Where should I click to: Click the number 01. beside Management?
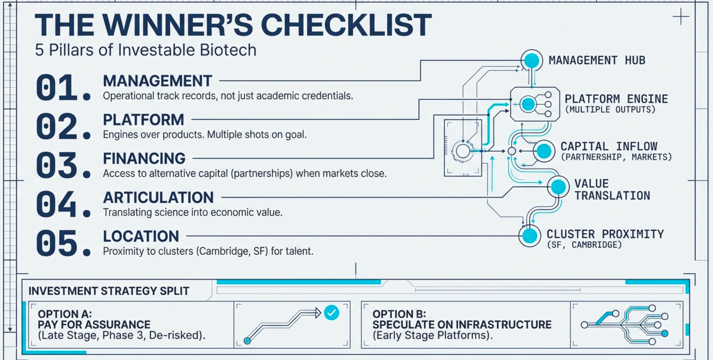(x=62, y=88)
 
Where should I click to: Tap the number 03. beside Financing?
(x=62, y=165)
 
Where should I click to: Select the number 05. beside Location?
(x=62, y=243)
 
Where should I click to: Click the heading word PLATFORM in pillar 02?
(x=143, y=120)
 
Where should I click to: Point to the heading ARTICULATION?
(x=158, y=198)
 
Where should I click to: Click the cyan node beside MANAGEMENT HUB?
(x=532, y=60)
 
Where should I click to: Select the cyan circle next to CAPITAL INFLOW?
(x=544, y=151)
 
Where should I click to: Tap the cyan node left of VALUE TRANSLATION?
(x=558, y=187)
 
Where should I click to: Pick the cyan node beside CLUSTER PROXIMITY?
(x=529, y=236)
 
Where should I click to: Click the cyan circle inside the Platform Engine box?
(x=528, y=104)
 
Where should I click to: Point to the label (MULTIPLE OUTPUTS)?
(x=610, y=109)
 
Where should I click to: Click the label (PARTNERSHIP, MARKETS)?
(x=616, y=157)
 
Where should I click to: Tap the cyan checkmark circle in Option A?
(x=332, y=313)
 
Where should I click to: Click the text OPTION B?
(x=399, y=314)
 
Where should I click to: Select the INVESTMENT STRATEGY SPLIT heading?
(x=109, y=291)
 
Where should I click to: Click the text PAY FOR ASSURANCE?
(x=94, y=325)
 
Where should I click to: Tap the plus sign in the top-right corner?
(x=681, y=17)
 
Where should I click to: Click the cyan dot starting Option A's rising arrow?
(x=247, y=340)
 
